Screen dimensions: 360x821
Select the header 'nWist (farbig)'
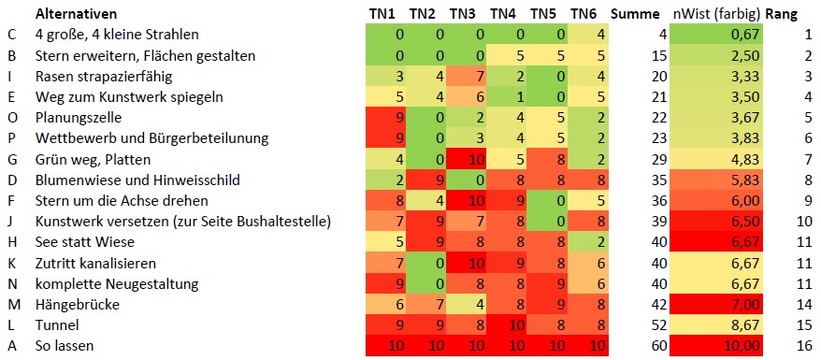pos(716,13)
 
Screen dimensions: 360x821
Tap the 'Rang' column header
pos(782,13)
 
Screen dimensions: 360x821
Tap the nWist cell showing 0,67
pos(716,35)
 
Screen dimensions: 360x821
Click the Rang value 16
pos(804,345)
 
